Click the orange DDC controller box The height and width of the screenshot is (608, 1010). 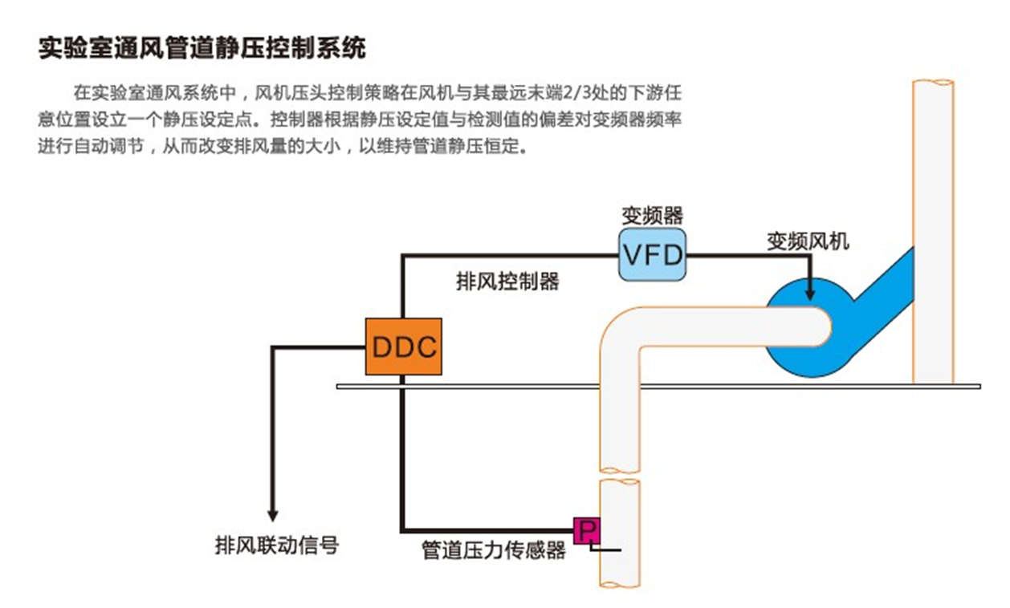403,347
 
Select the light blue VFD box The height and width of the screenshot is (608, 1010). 653,254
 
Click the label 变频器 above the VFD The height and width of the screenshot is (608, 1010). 652,215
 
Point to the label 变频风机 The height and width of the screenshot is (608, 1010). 807,240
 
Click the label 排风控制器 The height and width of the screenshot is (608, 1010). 507,282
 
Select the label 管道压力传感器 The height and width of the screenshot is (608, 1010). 494,551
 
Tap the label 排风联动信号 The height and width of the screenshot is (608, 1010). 277,546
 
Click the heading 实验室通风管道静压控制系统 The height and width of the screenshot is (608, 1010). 202,48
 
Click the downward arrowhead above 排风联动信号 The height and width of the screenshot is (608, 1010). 273,515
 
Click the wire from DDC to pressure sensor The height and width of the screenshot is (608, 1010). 401,465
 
